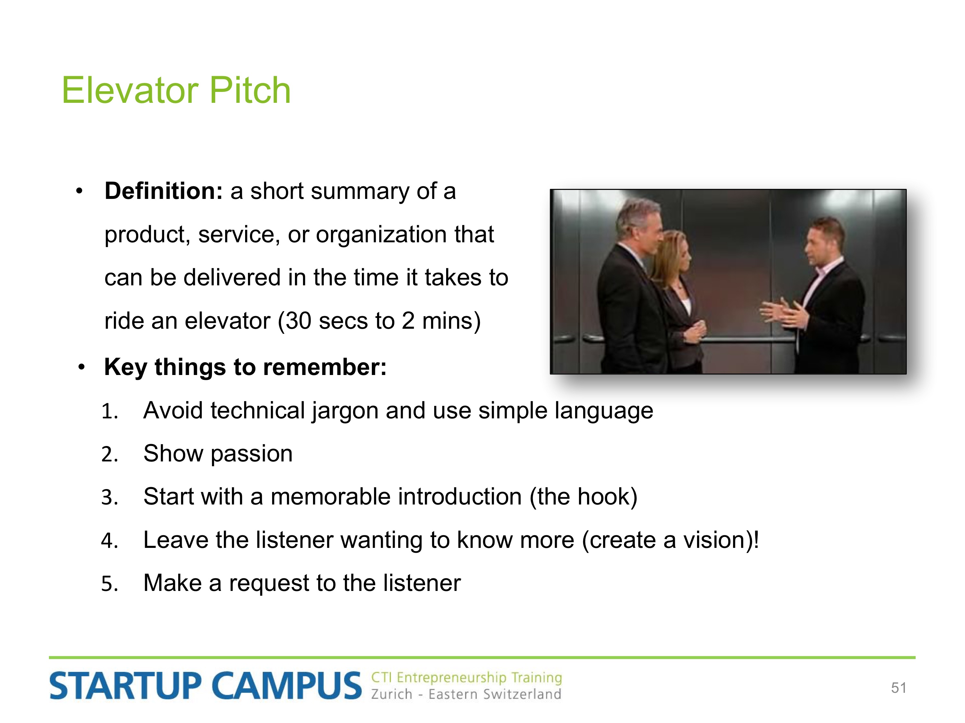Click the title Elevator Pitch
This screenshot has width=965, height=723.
point(176,90)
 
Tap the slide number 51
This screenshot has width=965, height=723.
point(899,688)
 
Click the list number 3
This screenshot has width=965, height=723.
point(109,497)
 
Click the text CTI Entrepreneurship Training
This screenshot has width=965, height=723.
point(466,678)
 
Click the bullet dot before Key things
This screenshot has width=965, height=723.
point(81,367)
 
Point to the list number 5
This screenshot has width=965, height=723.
point(109,584)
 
